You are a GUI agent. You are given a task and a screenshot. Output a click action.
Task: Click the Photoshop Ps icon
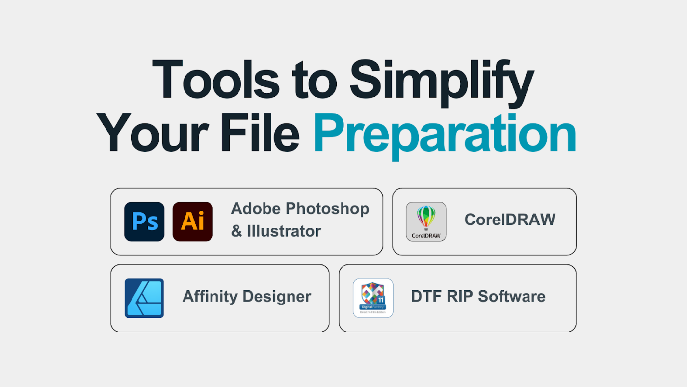click(x=144, y=221)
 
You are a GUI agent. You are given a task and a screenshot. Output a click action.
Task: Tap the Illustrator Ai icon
click(x=192, y=221)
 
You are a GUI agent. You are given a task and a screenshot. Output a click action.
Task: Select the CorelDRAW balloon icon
click(x=426, y=221)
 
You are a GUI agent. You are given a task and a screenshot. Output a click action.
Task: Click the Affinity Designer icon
click(x=144, y=298)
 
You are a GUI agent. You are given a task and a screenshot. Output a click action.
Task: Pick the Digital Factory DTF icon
click(x=373, y=298)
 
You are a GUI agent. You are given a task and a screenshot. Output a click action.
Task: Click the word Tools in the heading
click(x=215, y=79)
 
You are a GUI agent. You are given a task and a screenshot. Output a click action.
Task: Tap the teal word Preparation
click(x=444, y=136)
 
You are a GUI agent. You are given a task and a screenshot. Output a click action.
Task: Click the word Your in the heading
click(x=153, y=133)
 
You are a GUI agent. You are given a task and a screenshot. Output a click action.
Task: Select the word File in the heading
click(x=260, y=132)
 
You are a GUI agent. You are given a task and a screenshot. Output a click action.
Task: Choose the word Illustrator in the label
click(x=284, y=231)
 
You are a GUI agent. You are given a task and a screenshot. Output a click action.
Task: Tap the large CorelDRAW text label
click(x=510, y=220)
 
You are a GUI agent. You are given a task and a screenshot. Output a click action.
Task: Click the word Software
click(x=511, y=296)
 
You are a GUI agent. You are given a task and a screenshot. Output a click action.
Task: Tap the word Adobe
click(x=256, y=209)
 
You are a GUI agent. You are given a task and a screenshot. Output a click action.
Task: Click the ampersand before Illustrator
click(x=237, y=231)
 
